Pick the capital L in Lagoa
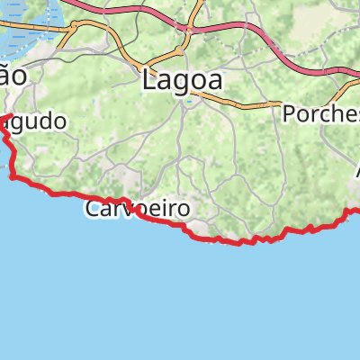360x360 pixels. pyautogui.click(x=149, y=80)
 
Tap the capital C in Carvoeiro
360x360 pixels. pyautogui.click(x=94, y=209)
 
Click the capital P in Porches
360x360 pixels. pyautogui.click(x=289, y=114)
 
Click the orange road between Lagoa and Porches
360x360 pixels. pyautogui.click(x=243, y=103)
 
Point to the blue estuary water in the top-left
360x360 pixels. pyautogui.click(x=27, y=36)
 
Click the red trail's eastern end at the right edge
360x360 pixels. pyautogui.click(x=356, y=211)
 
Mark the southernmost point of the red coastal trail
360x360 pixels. pyautogui.click(x=239, y=243)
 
